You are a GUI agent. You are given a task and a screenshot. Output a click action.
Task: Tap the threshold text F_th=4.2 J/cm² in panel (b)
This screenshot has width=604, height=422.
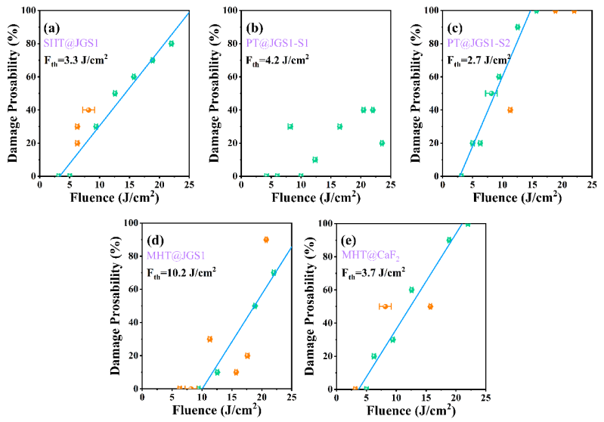[278, 58]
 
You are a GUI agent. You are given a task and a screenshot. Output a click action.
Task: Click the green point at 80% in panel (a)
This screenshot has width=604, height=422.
[171, 44]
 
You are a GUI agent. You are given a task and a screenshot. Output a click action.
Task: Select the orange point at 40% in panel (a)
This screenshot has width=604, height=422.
[88, 110]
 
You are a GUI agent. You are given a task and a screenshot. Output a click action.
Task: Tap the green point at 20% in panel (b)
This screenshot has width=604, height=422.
[382, 143]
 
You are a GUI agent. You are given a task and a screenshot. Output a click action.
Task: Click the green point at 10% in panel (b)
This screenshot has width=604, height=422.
[315, 160]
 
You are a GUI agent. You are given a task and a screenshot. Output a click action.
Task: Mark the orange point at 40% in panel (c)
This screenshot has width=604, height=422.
[510, 110]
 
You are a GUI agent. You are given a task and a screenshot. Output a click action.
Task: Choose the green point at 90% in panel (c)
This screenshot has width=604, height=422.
[518, 27]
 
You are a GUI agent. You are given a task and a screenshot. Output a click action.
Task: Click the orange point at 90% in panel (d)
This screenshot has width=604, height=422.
[266, 240]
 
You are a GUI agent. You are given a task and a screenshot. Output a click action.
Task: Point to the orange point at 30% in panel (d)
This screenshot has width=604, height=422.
[209, 339]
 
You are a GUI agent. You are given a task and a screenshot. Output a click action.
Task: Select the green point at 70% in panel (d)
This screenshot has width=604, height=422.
[274, 273]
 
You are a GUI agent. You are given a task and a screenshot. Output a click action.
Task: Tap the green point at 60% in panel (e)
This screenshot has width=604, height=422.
[411, 290]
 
